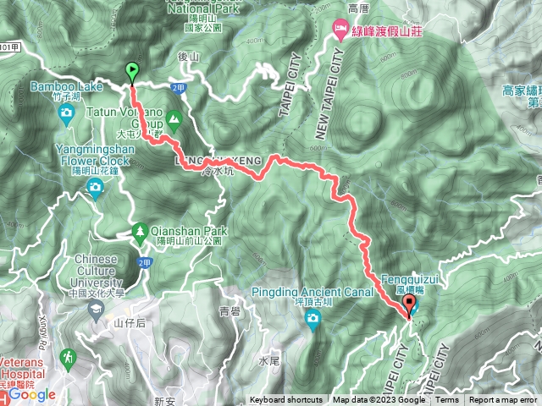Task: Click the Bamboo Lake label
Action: [66, 86]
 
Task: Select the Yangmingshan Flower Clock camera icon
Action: [94, 184]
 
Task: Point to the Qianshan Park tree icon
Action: [140, 230]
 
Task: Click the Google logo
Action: [33, 394]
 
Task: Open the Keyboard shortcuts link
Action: [285, 400]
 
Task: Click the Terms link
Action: [447, 400]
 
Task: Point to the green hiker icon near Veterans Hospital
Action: [68, 358]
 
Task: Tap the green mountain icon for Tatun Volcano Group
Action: [174, 118]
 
